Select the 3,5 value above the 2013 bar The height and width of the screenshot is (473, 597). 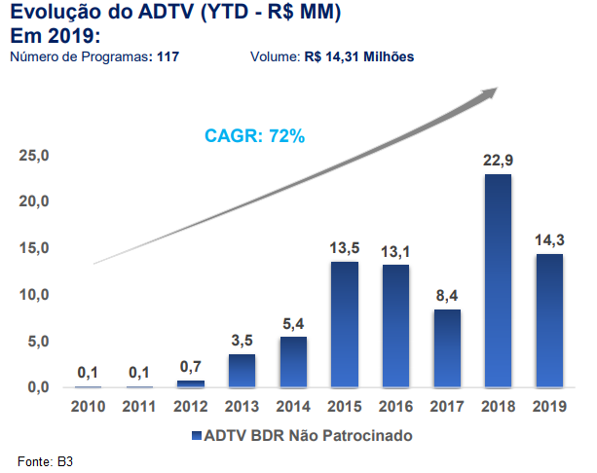243,341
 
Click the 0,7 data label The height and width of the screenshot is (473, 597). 191,367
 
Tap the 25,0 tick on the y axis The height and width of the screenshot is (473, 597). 34,156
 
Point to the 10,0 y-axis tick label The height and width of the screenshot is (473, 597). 34,295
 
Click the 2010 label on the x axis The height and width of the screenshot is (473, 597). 88,407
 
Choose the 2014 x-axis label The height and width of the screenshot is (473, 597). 294,407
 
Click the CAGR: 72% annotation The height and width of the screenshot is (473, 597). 255,136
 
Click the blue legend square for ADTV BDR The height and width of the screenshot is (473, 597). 196,435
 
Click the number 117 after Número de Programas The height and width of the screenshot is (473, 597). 168,56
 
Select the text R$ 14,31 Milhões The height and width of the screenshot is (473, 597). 359,56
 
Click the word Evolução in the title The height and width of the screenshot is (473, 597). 49,15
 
